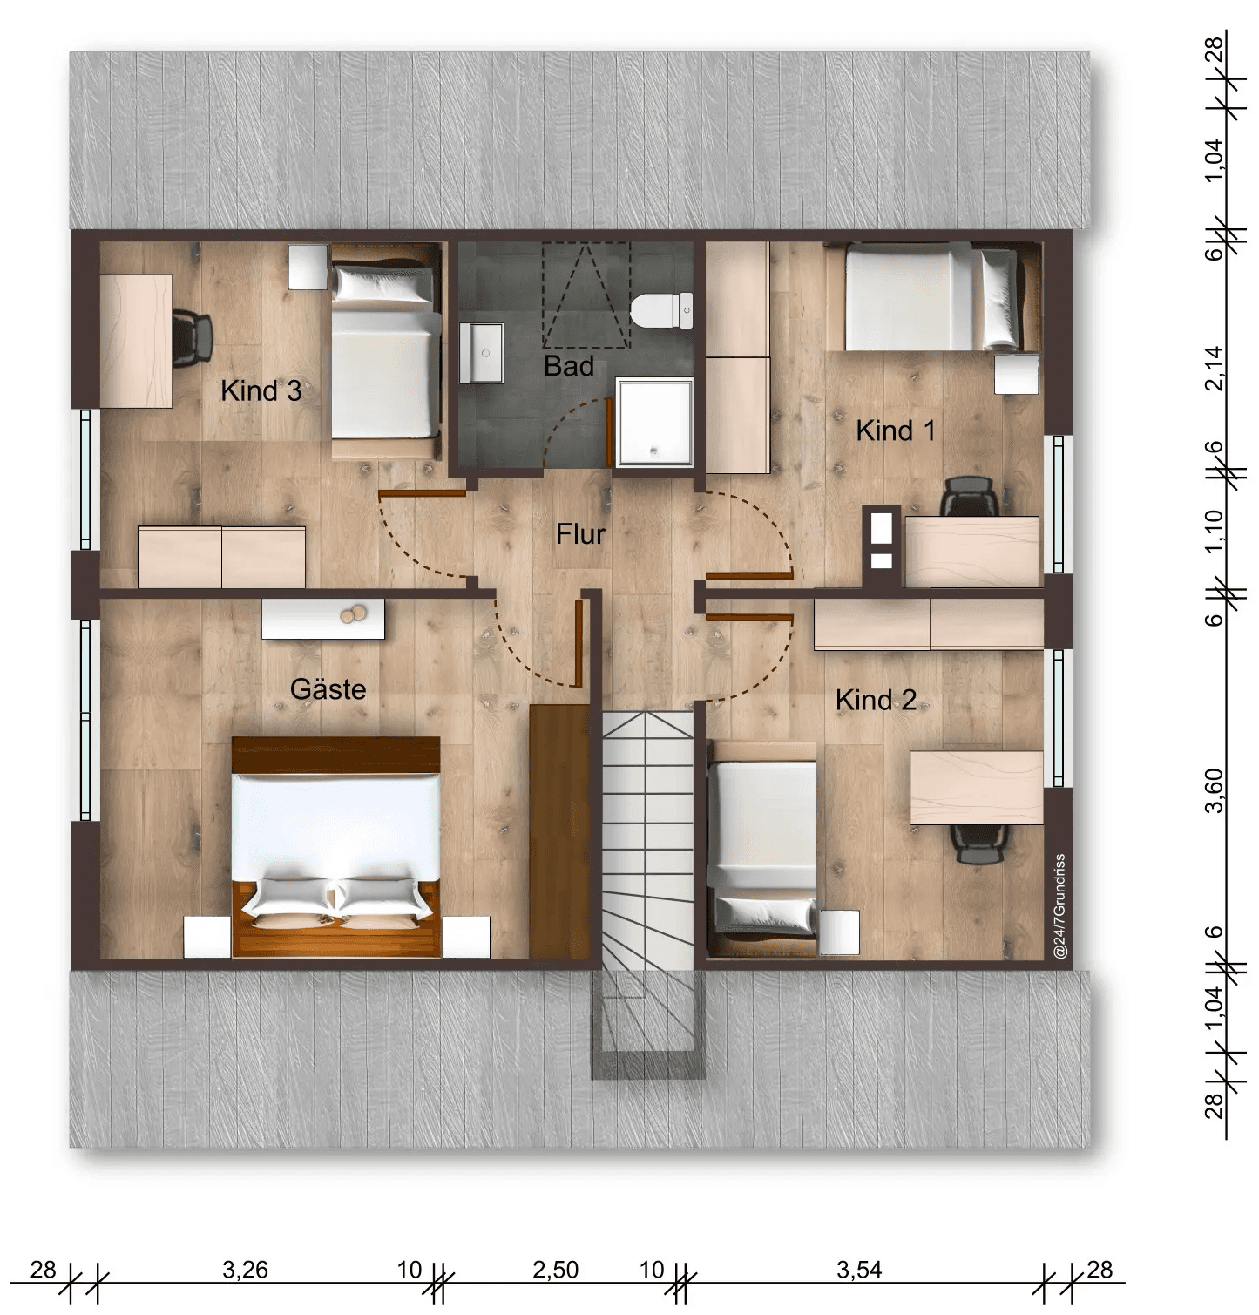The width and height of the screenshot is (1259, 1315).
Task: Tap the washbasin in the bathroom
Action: [482, 352]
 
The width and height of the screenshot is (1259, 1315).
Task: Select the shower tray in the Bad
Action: [654, 422]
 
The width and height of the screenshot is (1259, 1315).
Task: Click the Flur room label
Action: [580, 534]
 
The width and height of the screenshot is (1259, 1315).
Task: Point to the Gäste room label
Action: [328, 689]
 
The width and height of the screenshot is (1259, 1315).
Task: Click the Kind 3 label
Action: [261, 391]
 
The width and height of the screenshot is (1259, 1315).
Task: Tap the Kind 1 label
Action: [896, 430]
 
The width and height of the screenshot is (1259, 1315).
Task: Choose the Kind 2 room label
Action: [876, 700]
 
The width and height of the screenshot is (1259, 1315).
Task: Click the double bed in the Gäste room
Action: [336, 847]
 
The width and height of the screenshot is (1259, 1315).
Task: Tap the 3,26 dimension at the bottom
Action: [245, 1270]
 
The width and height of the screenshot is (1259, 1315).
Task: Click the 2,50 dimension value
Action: [555, 1270]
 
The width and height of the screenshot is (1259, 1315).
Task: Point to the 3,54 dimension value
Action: [859, 1270]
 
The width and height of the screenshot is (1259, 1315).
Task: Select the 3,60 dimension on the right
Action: [1214, 790]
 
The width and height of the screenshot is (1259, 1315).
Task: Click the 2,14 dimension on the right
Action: [1214, 369]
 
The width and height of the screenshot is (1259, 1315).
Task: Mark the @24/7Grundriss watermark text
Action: [1060, 907]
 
